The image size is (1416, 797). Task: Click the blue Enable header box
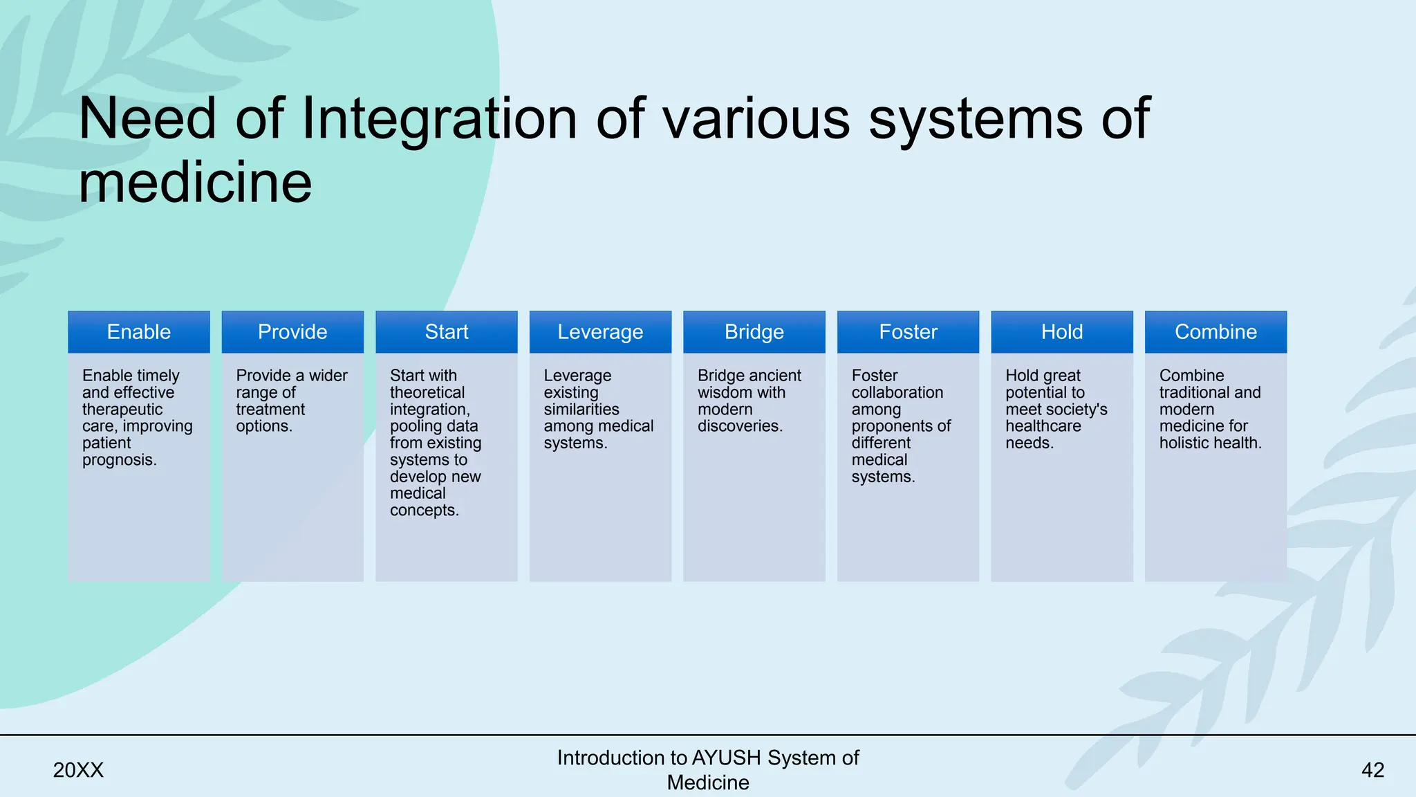[x=138, y=332]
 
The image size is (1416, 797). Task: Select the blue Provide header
[x=292, y=332]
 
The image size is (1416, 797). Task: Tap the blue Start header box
[x=446, y=332]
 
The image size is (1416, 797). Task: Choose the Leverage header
[x=600, y=332]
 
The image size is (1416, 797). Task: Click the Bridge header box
[x=754, y=332]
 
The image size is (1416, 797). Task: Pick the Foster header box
[x=908, y=332]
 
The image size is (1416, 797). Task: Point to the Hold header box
[x=1062, y=332]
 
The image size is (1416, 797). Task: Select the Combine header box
[x=1215, y=332]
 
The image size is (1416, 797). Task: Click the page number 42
[x=1372, y=770]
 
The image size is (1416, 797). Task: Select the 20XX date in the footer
[x=78, y=770]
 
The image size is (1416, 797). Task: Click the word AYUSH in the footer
[x=727, y=758]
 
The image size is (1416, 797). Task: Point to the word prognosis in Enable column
[x=118, y=460]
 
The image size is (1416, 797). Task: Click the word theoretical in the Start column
[x=427, y=392]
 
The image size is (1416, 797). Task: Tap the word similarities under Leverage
[x=581, y=410]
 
